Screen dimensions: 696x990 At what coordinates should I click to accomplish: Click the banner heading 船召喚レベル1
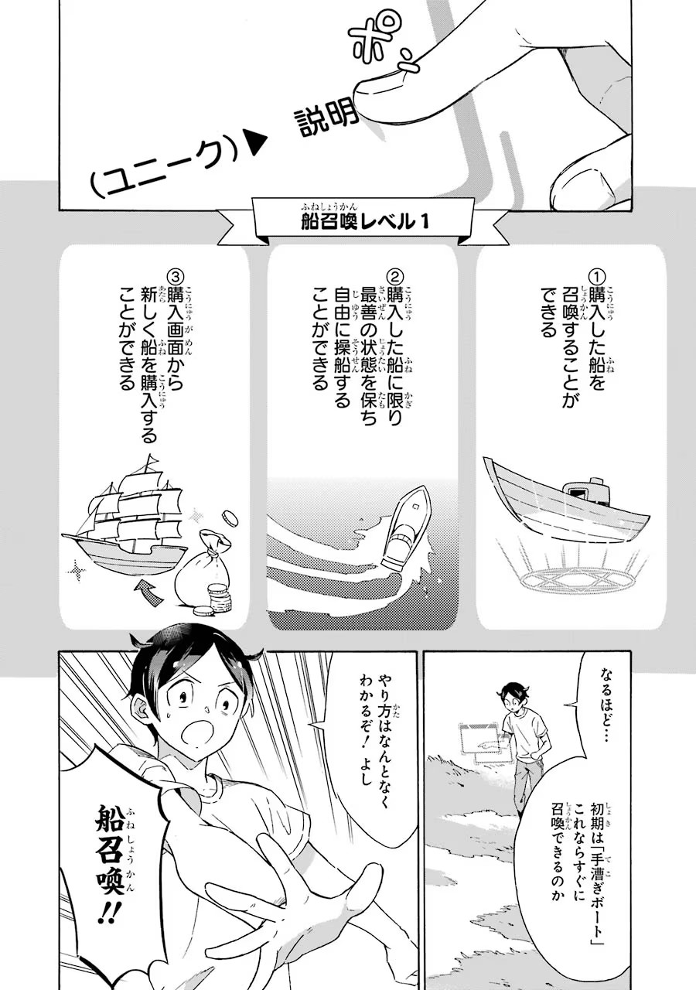tap(363, 221)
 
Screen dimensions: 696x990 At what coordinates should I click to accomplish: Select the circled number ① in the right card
tap(597, 277)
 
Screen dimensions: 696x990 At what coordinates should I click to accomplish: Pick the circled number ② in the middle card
tap(394, 277)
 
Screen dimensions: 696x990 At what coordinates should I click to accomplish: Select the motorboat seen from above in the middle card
tap(406, 526)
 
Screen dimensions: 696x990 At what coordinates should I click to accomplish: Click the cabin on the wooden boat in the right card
tap(586, 491)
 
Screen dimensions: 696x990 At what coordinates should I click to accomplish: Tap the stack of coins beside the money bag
tap(218, 599)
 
